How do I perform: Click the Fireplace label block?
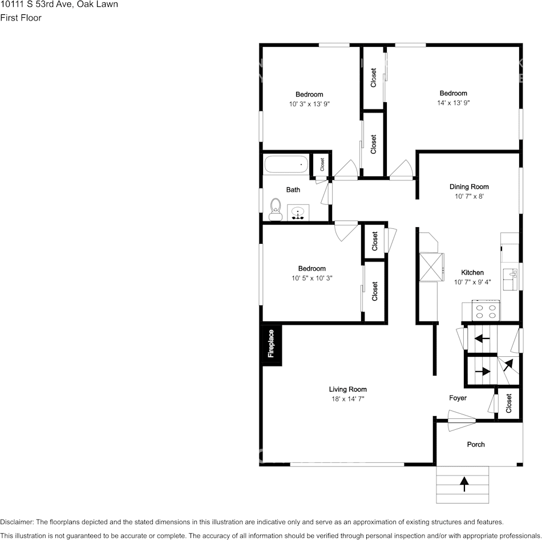[271, 344]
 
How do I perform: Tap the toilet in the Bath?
[276, 209]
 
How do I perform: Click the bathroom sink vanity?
[298, 213]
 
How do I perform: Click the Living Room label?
[347, 389]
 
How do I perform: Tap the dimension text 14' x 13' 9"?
[453, 103]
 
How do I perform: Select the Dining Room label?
[469, 187]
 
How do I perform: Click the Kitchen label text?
[472, 273]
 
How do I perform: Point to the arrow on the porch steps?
[464, 484]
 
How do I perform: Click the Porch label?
[475, 444]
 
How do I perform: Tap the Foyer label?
[458, 398]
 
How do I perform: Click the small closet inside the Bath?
[322, 165]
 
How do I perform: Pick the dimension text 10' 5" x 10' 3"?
[312, 278]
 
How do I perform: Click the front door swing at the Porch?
[462, 424]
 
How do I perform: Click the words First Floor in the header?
[21, 18]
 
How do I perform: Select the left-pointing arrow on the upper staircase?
[483, 338]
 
